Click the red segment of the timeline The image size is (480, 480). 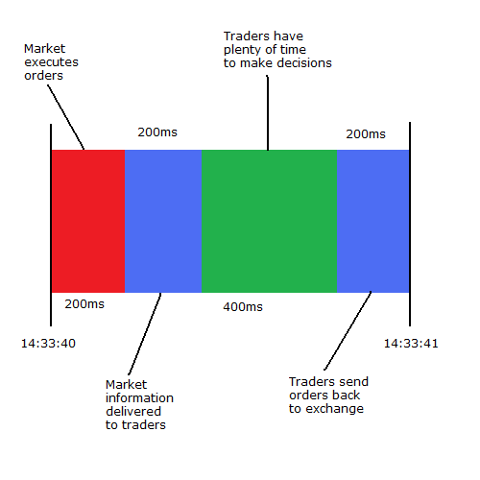(x=88, y=221)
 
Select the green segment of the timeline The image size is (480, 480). (x=269, y=221)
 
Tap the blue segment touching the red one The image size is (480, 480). (x=163, y=221)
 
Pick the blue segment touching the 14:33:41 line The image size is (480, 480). (x=373, y=221)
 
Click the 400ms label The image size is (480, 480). (x=243, y=307)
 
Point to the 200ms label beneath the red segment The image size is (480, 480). (x=84, y=304)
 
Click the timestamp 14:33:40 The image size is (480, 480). (x=48, y=344)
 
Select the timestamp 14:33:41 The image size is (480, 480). (x=411, y=344)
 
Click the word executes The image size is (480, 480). (x=51, y=62)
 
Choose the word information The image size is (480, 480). (x=139, y=397)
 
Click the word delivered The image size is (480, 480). (x=133, y=411)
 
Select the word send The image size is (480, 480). (x=353, y=381)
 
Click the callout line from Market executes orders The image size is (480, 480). (x=66, y=117)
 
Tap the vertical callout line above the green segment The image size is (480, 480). (x=268, y=112)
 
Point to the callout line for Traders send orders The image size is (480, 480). (x=348, y=330)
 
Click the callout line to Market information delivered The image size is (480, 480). (x=145, y=334)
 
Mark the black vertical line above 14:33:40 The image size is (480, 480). (x=51, y=225)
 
